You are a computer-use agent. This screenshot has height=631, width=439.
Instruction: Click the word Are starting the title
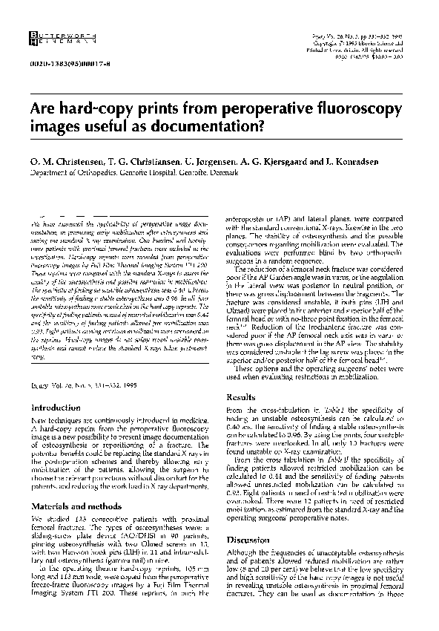[42, 108]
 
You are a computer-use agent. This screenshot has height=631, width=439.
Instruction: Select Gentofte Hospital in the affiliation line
[142, 172]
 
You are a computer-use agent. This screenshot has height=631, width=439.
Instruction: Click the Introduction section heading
[59, 408]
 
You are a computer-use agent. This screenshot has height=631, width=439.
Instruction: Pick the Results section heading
[241, 398]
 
